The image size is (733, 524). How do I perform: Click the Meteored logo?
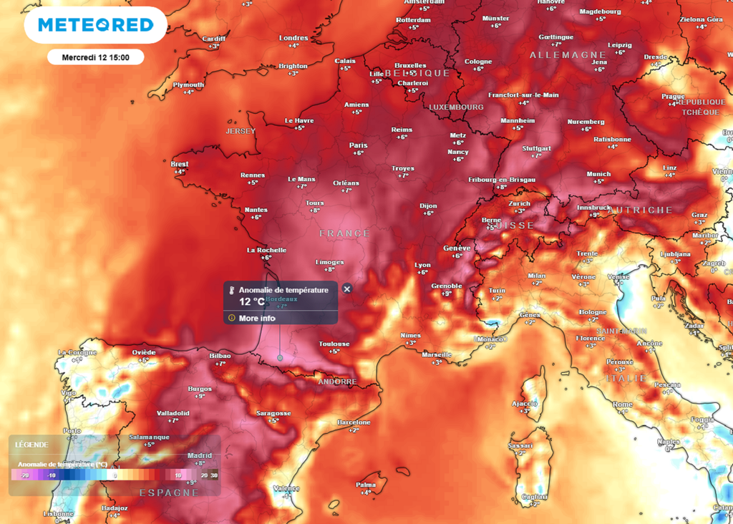pos(95,25)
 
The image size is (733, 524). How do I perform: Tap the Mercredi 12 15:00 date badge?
pos(95,57)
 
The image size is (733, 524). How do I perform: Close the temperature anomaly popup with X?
pos(347,289)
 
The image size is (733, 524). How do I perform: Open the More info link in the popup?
pos(257,318)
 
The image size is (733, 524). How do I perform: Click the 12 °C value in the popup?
pos(251,301)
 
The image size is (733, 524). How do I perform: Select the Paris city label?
pos(358,145)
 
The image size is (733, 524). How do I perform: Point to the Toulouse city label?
pos(334,344)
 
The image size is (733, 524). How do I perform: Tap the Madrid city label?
pos(200,455)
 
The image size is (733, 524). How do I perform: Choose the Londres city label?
pos(293,38)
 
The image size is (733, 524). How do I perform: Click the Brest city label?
pos(180,164)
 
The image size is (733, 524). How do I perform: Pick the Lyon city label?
pos(422,264)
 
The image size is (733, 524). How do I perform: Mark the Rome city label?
pos(623,404)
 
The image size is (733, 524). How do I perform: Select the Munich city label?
pos(598,174)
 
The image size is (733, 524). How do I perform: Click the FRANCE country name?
pos(345,233)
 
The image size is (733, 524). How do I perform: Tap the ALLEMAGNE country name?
pos(568,55)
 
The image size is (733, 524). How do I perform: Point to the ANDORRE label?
pos(336,382)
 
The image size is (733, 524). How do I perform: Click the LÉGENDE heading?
pos(31,445)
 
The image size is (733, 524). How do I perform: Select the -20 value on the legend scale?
pos(24,475)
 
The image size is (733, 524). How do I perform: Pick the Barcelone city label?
pos(354,422)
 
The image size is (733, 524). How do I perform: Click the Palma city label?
pos(366,485)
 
